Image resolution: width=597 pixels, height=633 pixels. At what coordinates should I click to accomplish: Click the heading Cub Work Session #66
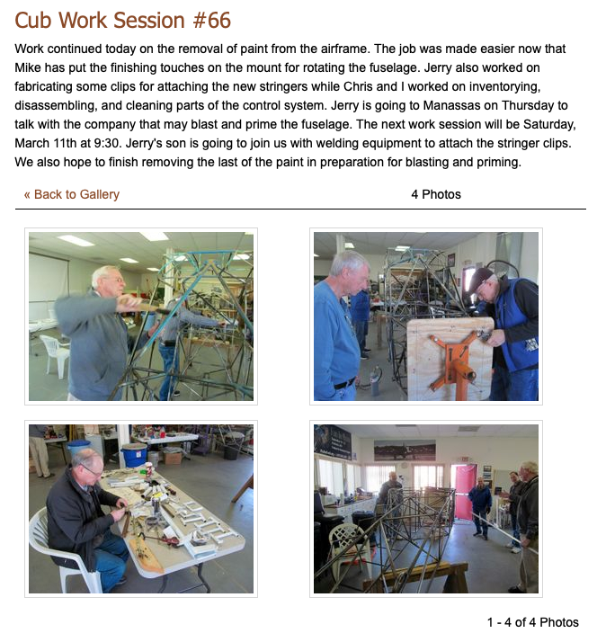click(122, 20)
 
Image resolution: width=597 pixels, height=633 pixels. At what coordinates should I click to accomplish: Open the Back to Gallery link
click(72, 194)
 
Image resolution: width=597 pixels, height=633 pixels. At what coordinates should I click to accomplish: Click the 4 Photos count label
click(436, 194)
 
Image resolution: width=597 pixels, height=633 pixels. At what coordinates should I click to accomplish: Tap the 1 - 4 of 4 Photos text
click(533, 622)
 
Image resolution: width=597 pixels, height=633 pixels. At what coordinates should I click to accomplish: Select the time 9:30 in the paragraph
click(106, 143)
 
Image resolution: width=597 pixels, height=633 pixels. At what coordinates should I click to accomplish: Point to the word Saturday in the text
click(549, 124)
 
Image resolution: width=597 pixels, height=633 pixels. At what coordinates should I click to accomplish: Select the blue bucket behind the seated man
click(134, 456)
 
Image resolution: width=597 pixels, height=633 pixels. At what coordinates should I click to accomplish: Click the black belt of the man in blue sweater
click(345, 383)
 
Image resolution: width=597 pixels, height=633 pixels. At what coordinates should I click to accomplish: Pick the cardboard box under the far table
click(173, 458)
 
